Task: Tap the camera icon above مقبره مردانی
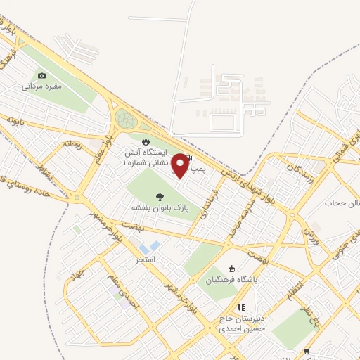(x=41, y=75)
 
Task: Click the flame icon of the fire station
(x=146, y=141)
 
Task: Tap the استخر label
(x=146, y=259)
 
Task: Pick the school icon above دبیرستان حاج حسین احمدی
(x=241, y=307)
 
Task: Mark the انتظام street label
(x=296, y=288)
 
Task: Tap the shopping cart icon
(x=306, y=351)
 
